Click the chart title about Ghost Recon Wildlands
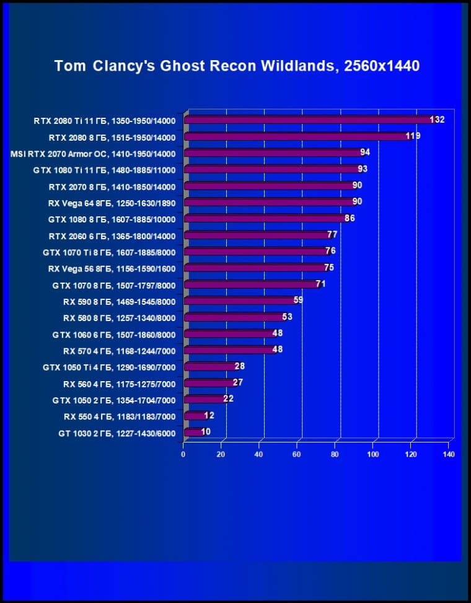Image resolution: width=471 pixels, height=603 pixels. tap(237, 66)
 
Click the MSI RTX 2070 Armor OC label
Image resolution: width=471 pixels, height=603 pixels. tap(94, 154)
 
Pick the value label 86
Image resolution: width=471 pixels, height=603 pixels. tap(350, 218)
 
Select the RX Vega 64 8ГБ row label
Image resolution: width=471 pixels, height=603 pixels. tap(112, 203)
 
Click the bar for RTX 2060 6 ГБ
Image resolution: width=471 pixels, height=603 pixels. tap(257, 235)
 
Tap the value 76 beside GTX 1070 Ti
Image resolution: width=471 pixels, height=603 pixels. tap(330, 251)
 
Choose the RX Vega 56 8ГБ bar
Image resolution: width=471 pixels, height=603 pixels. tap(254, 268)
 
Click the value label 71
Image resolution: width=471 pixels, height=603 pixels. tap(320, 284)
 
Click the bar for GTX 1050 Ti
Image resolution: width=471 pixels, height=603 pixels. tap(209, 367)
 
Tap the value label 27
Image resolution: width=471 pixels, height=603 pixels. tap(237, 382)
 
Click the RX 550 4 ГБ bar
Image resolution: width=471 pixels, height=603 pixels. tap(194, 416)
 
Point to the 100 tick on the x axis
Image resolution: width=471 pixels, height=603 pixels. tap(373, 454)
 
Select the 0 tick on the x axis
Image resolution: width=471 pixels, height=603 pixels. tap(183, 454)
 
